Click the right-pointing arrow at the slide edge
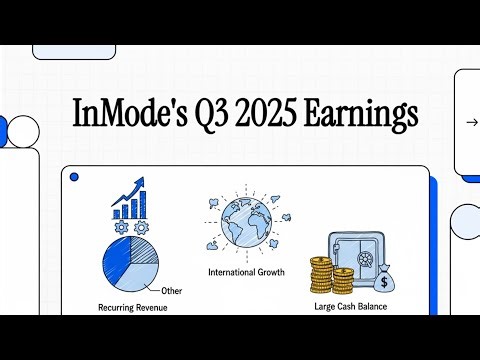pyautogui.click(x=471, y=122)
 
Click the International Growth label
pyautogui.click(x=246, y=272)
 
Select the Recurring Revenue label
pyautogui.click(x=133, y=307)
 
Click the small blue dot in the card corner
pyautogui.click(x=74, y=177)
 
